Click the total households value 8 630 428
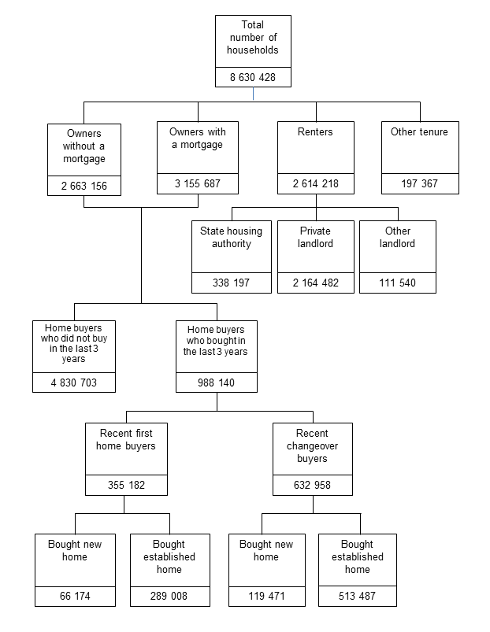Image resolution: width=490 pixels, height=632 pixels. pyautogui.click(x=253, y=77)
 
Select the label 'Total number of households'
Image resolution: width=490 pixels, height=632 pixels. pyautogui.click(x=253, y=38)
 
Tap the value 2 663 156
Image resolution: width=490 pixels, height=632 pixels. pyautogui.click(x=84, y=187)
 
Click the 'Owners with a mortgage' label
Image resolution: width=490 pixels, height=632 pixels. pyautogui.click(x=196, y=139)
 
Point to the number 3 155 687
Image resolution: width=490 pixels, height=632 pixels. pyautogui.click(x=196, y=184)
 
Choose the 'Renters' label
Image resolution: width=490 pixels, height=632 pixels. pyautogui.click(x=316, y=132)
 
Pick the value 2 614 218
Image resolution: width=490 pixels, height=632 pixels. pyautogui.click(x=316, y=184)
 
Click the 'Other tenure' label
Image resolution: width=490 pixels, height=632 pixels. pyautogui.click(x=419, y=132)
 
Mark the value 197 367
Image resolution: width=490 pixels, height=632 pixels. pyautogui.click(x=419, y=184)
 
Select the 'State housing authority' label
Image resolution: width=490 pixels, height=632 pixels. pyautogui.click(x=231, y=238)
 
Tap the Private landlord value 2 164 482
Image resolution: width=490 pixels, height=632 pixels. pyautogui.click(x=315, y=283)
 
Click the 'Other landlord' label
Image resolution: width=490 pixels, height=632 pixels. pyautogui.click(x=398, y=238)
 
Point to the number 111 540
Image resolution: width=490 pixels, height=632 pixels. pyautogui.click(x=398, y=283)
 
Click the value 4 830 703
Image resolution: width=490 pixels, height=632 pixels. pyautogui.click(x=74, y=383)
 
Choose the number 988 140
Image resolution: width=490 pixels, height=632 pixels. pyautogui.click(x=216, y=383)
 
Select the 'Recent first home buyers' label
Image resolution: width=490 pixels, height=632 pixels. pyautogui.click(x=127, y=440)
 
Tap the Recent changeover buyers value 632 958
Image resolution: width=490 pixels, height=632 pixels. pyautogui.click(x=312, y=485)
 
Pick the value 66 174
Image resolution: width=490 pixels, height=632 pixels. pyautogui.click(x=75, y=597)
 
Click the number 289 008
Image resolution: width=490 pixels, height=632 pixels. pyautogui.click(x=169, y=597)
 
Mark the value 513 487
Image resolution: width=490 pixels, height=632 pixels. pyautogui.click(x=357, y=597)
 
